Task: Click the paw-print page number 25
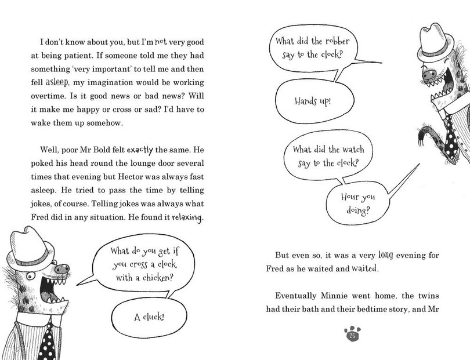(352, 334)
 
